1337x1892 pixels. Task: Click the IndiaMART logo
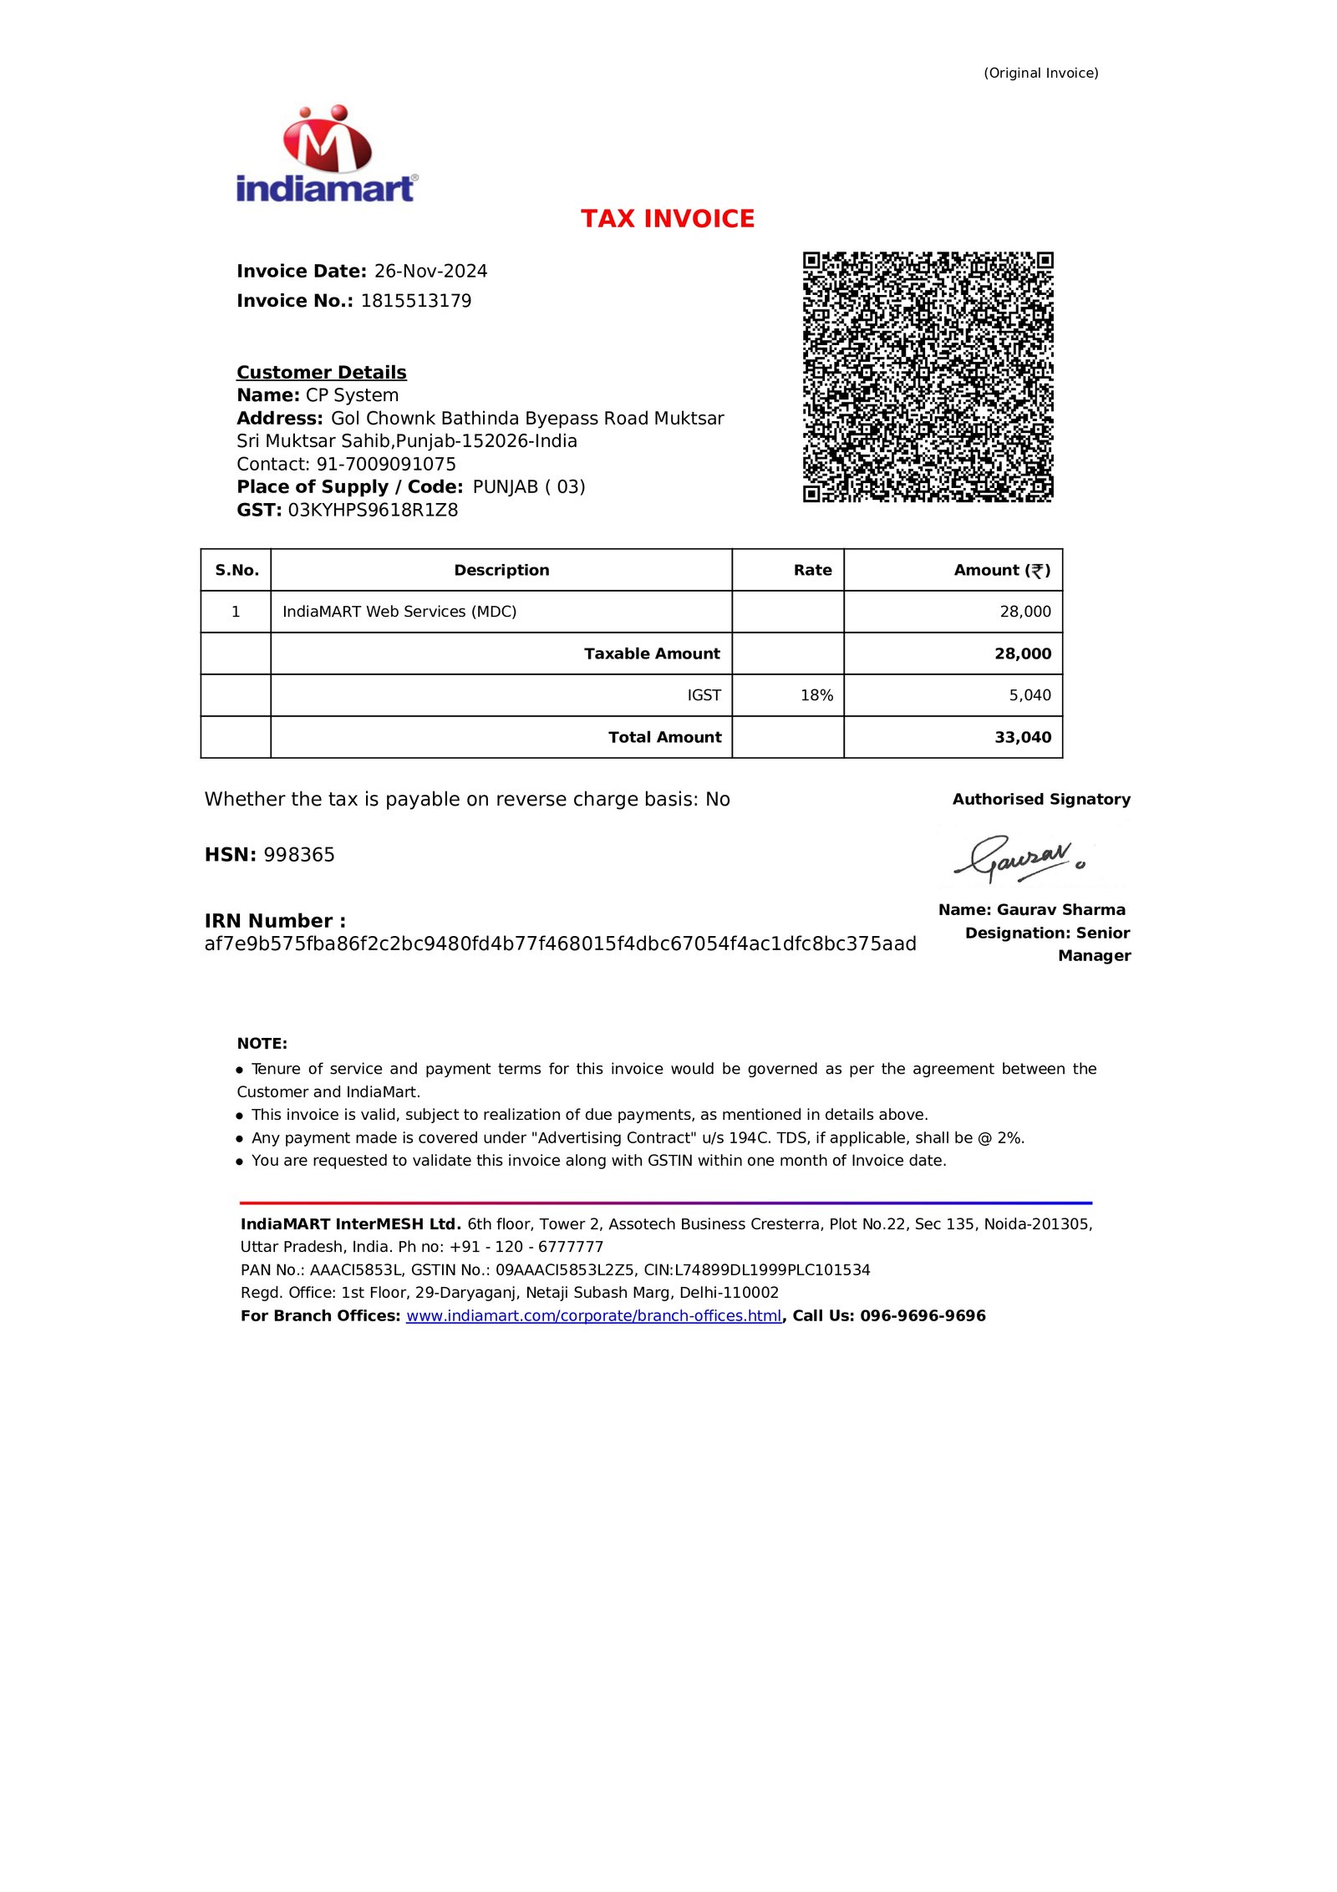326,155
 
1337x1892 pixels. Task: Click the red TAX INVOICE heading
668,219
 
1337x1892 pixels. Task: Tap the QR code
928,376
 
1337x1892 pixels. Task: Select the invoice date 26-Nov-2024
430,271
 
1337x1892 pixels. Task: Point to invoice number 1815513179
416,301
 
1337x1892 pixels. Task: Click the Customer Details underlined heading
321,372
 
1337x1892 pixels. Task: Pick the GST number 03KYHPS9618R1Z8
373,510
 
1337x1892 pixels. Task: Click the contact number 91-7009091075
386,464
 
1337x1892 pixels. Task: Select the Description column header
501,570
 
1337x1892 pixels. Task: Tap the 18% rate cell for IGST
816,695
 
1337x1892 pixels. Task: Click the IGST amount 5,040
1029,695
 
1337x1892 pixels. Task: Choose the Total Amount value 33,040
1023,737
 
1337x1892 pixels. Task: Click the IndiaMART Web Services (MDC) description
399,612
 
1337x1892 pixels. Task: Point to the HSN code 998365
299,855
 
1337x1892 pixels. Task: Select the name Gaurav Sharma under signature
1060,909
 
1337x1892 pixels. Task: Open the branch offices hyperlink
593,1315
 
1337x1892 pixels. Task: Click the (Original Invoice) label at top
1040,73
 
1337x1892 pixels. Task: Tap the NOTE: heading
262,1043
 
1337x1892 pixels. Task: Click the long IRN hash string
560,943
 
